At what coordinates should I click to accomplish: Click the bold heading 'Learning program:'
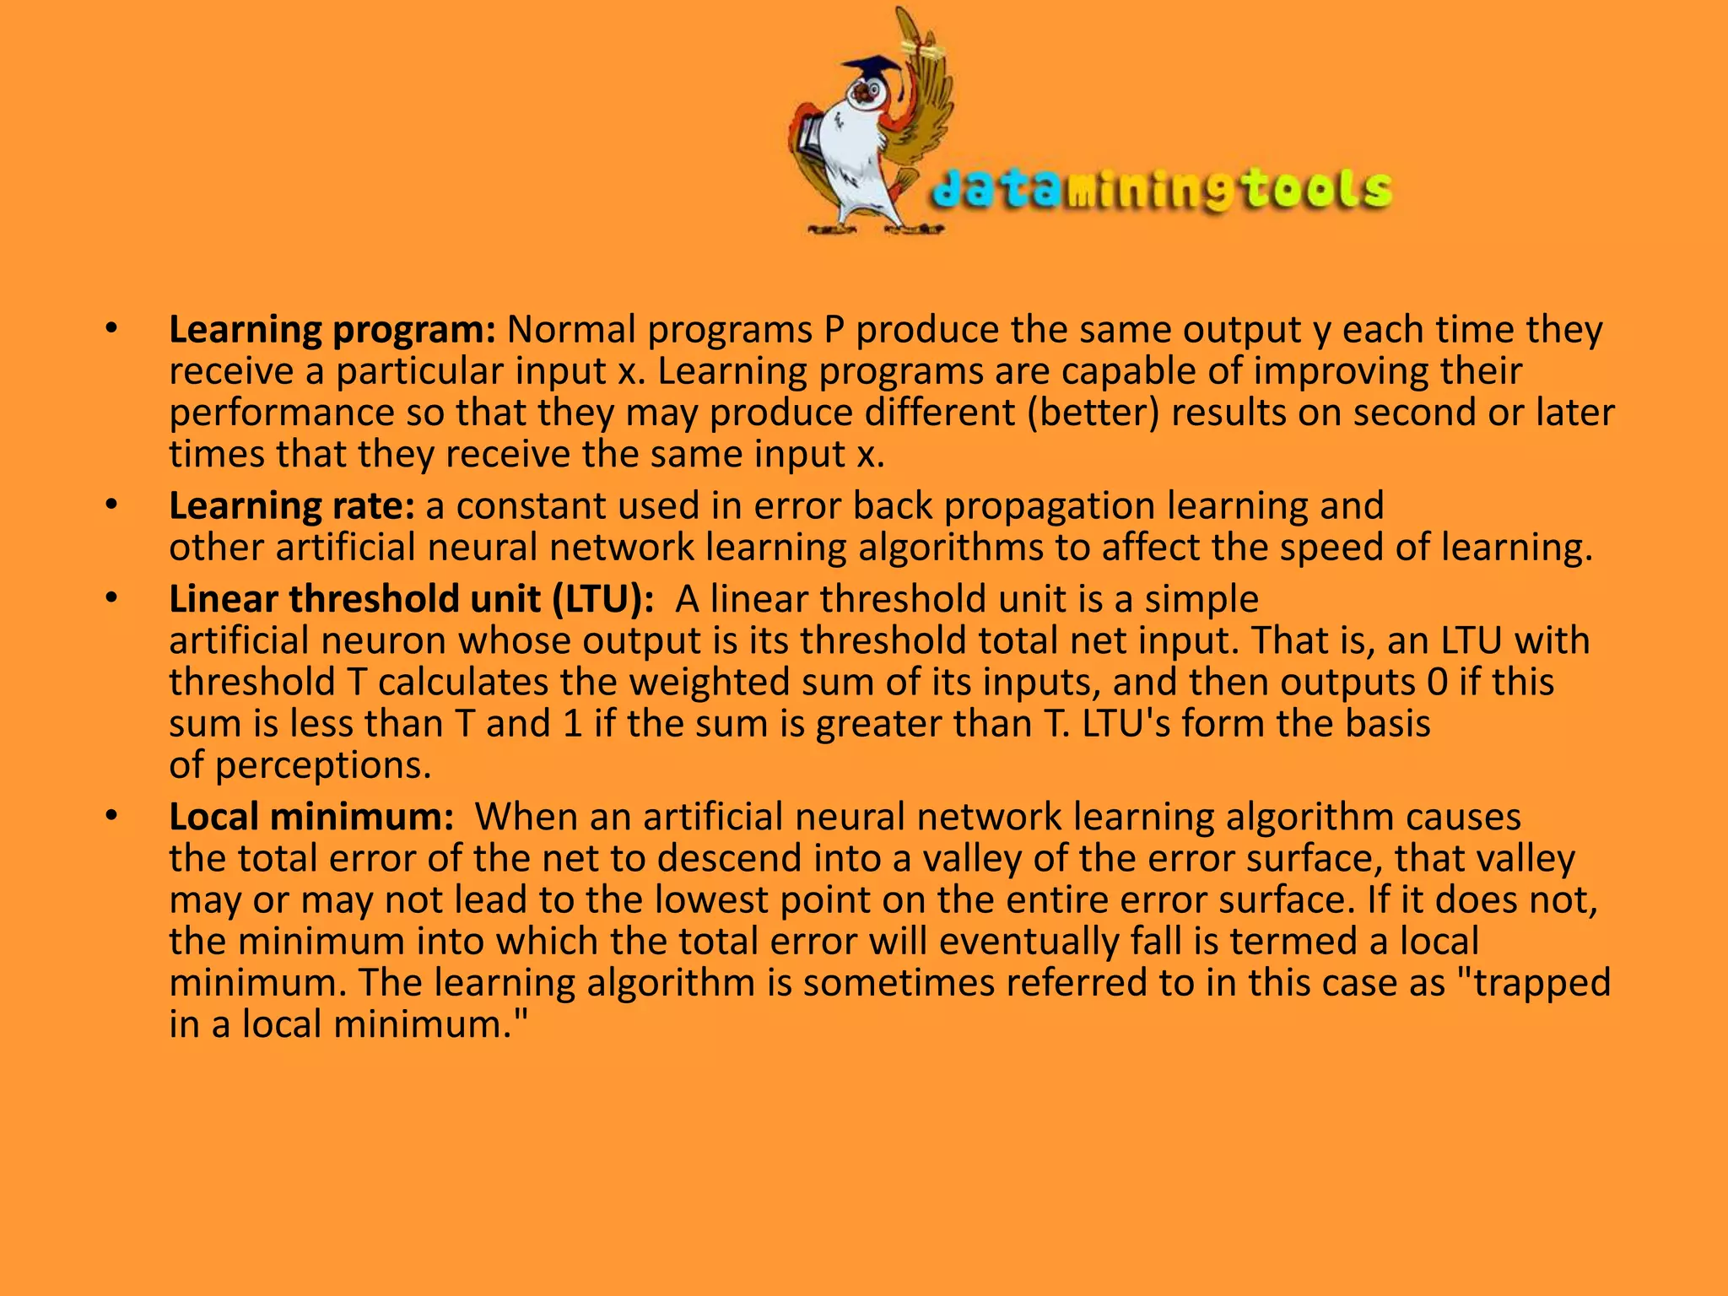(332, 330)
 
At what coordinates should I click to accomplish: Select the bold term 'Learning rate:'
(292, 506)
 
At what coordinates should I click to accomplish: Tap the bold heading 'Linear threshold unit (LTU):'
(411, 599)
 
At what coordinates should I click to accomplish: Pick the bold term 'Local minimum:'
(311, 817)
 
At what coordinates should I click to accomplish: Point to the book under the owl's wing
(810, 140)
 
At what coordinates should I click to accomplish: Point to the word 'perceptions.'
(323, 765)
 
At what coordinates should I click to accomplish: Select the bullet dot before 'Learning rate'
(111, 506)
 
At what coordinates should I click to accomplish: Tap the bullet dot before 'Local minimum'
(111, 817)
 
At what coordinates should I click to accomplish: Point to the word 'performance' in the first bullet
(281, 413)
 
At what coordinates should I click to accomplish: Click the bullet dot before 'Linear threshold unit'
(111, 599)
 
